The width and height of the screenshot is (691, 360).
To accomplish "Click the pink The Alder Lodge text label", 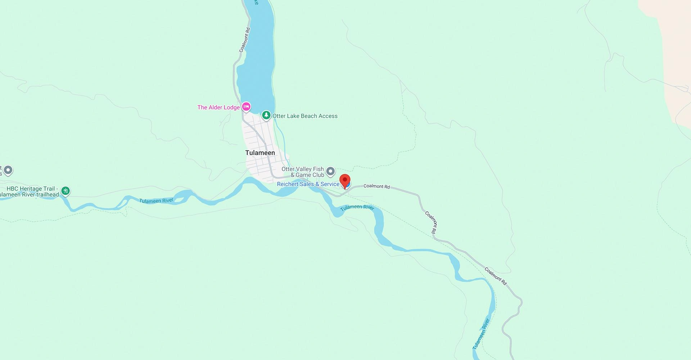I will tap(218, 107).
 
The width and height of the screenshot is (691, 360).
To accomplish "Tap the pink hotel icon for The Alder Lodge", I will tap(246, 107).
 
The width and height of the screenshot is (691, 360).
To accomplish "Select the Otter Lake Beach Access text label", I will tap(305, 116).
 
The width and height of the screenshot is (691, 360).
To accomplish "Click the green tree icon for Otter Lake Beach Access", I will tap(266, 115).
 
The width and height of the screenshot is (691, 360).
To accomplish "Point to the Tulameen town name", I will tap(260, 153).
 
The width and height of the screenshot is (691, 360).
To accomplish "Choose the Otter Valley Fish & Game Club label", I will tap(303, 172).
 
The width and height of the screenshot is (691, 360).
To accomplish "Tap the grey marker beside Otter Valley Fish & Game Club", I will tap(330, 172).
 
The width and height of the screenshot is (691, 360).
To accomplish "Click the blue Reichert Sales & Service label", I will tap(308, 184).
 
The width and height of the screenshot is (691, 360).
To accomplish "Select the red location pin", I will tap(345, 180).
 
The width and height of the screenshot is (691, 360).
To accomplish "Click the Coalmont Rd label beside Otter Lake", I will tap(244, 40).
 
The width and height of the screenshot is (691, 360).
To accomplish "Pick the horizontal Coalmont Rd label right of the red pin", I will tap(376, 186).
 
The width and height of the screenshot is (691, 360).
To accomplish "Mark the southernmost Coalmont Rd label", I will tap(495, 276).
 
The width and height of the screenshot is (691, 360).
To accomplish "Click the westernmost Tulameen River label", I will tap(156, 201).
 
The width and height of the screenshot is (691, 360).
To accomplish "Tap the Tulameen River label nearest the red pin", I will tap(357, 207).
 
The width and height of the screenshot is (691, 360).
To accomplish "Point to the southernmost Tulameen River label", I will tap(481, 334).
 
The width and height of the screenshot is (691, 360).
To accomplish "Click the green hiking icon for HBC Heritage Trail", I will tap(66, 191).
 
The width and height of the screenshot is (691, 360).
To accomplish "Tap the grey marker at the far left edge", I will tap(8, 170).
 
